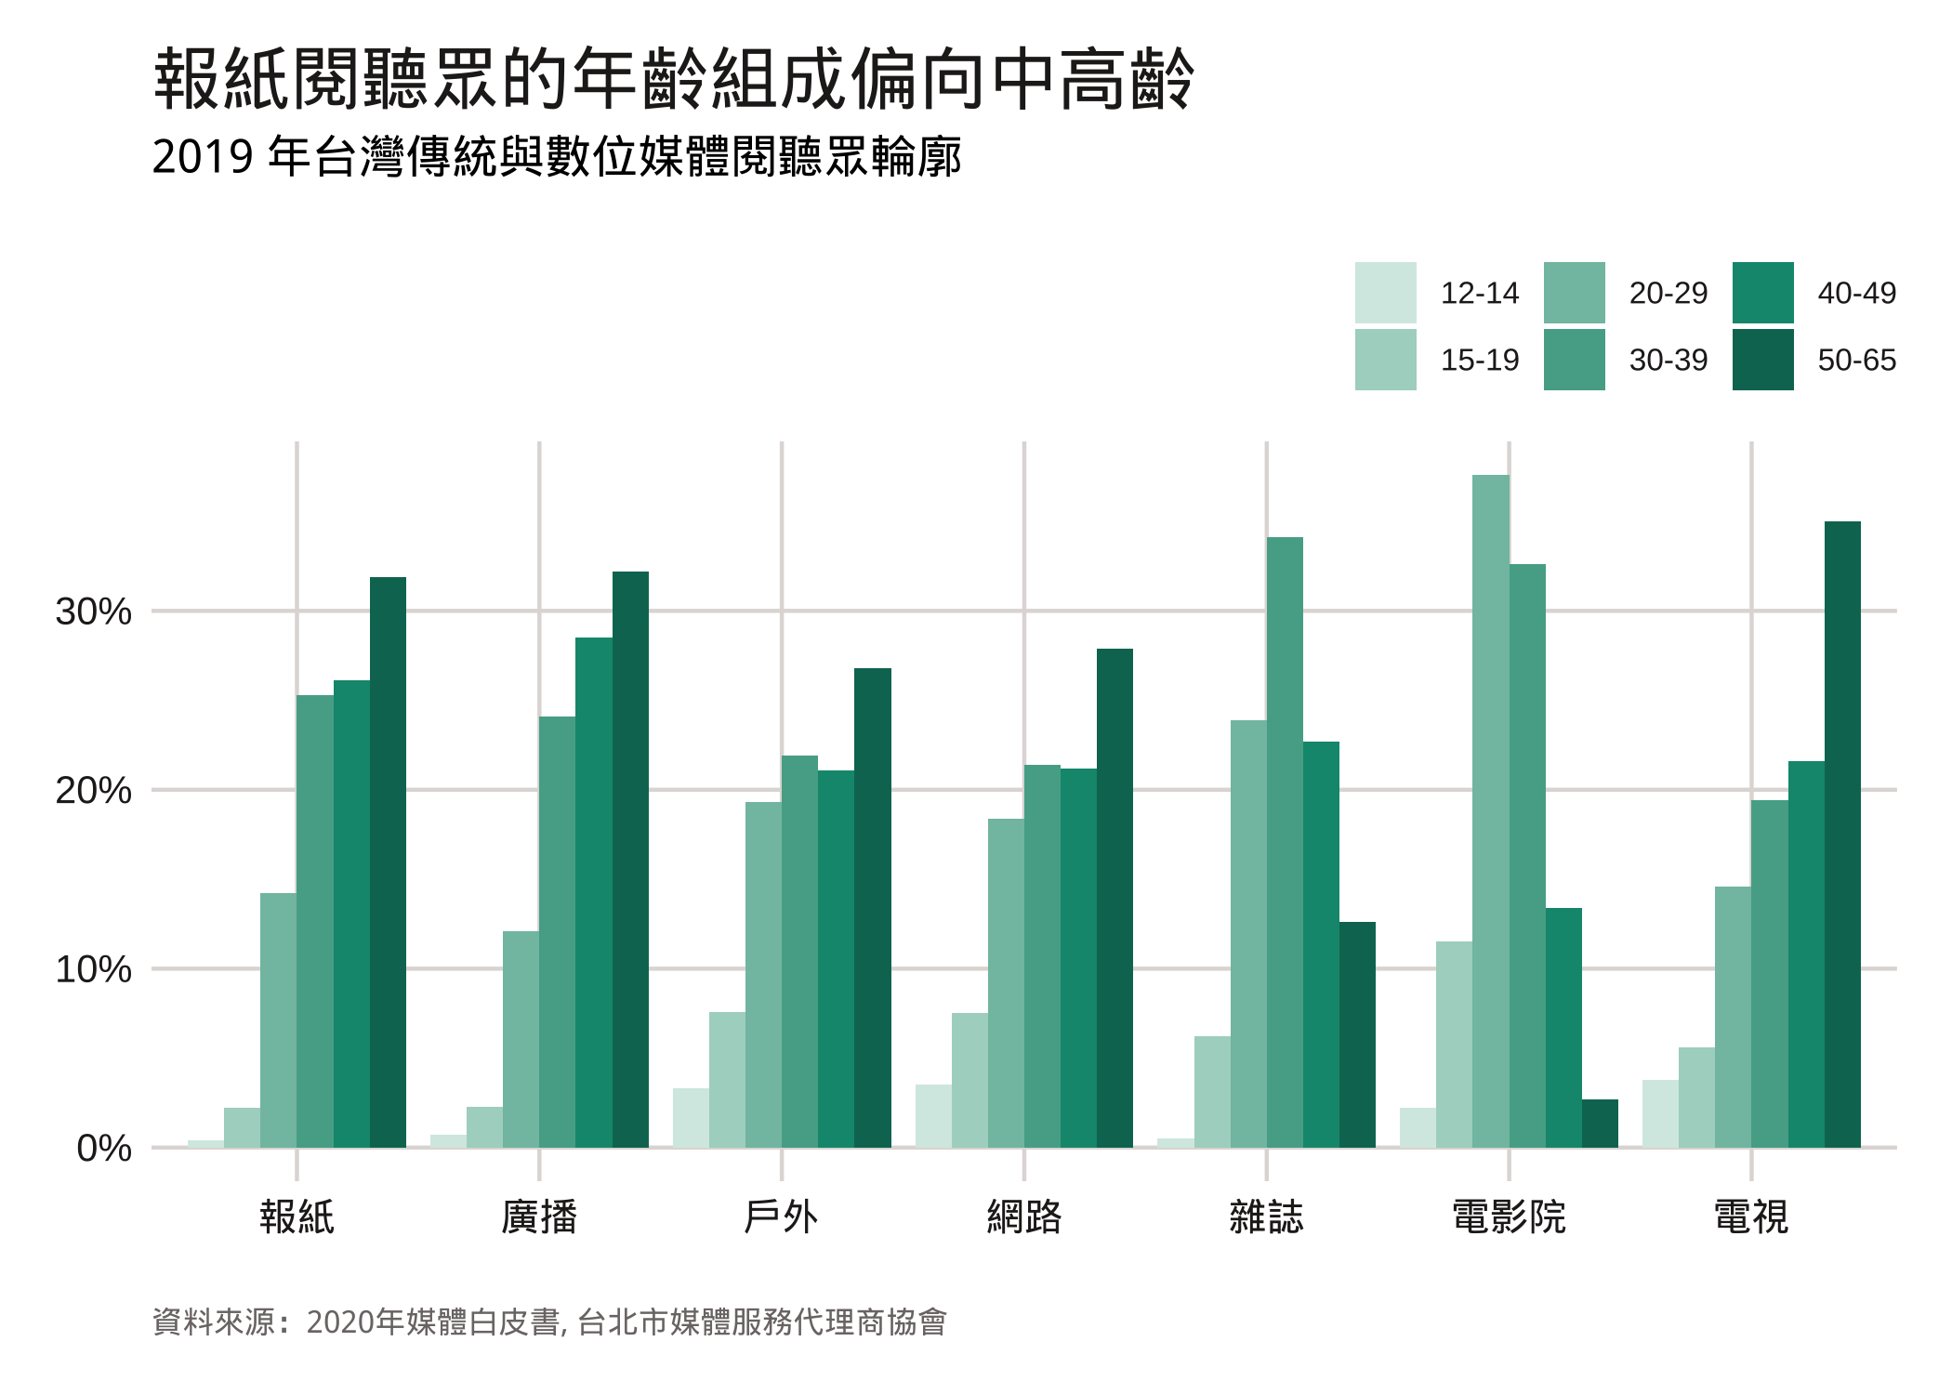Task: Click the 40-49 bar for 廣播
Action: tap(594, 892)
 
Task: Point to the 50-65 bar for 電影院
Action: tap(1600, 1124)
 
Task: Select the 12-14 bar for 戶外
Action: tap(691, 1118)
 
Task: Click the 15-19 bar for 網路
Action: tap(969, 1080)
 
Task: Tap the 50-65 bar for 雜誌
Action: tap(1357, 1034)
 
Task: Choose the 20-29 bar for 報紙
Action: tap(279, 1020)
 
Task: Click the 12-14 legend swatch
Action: tap(1385, 293)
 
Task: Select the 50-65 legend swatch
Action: tap(1762, 360)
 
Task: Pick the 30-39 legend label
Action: tap(1668, 360)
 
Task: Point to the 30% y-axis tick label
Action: tap(94, 612)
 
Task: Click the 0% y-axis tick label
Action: tap(103, 1149)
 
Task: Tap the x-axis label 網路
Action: tap(1023, 1216)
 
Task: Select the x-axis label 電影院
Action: tap(1509, 1216)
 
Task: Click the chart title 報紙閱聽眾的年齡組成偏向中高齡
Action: tap(673, 80)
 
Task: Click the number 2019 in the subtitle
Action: tap(203, 157)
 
